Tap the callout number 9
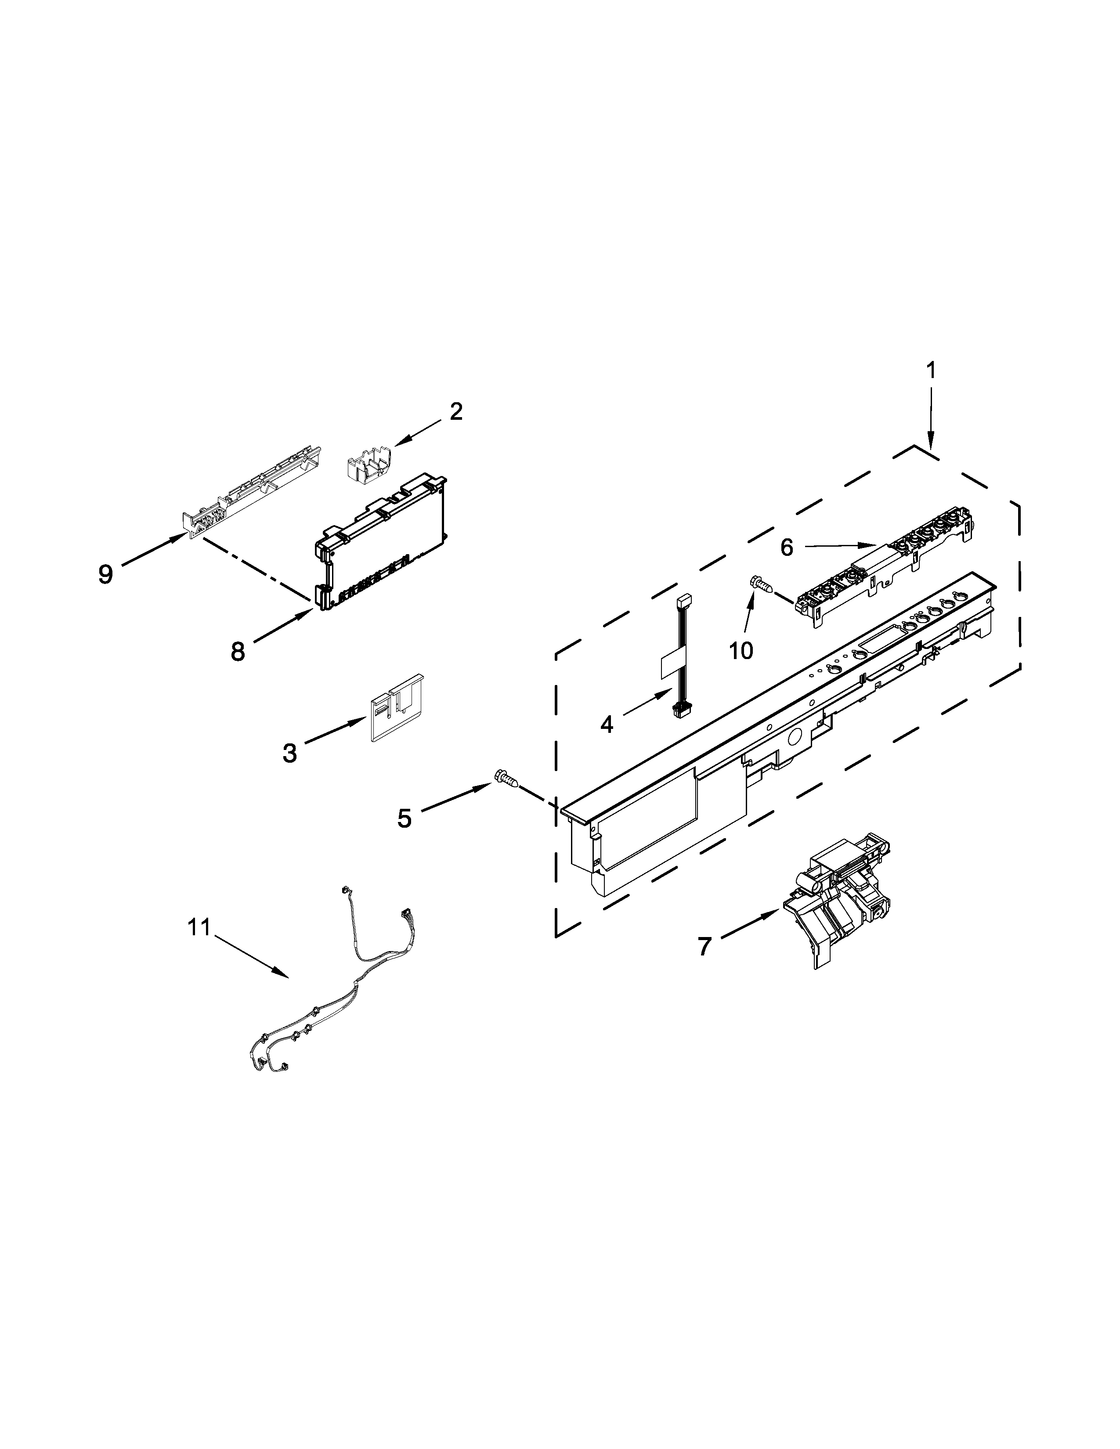pos(105,574)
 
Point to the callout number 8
pos(238,652)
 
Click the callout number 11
pos(198,927)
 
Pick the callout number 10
pos(741,651)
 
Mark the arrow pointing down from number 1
pos(930,418)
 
